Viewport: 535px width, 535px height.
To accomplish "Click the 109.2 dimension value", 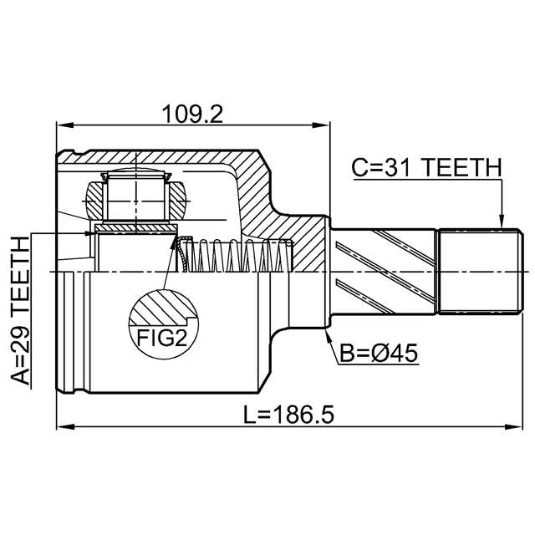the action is (192, 114).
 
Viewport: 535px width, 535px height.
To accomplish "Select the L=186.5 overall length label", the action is (288, 415).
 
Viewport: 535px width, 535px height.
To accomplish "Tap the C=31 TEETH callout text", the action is (427, 168).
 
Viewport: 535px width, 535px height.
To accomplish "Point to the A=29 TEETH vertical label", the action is (20, 310).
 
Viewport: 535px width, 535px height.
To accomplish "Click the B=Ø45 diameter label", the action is (379, 353).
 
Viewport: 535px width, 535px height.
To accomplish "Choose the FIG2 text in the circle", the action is (161, 338).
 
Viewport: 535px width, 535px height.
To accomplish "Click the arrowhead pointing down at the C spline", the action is (502, 221).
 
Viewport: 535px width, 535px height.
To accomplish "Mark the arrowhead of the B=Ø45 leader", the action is (327, 335).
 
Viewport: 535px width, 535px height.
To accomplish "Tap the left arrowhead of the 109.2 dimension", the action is (65, 125).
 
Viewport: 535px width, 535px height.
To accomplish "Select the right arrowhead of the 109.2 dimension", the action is (321, 125).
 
